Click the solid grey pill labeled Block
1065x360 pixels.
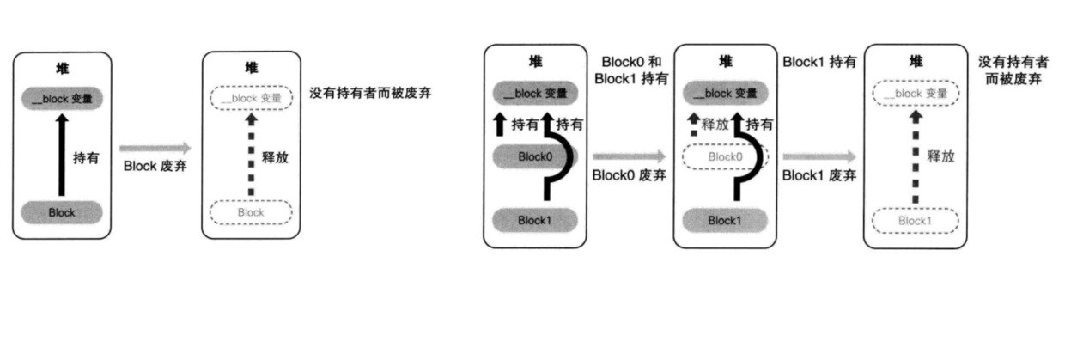pos(62,211)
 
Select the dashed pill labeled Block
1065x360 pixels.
pos(251,211)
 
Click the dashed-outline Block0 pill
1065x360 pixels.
pos(725,157)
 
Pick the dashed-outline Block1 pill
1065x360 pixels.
pos(915,221)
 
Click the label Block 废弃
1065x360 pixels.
pos(155,166)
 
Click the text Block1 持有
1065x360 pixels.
pos(819,62)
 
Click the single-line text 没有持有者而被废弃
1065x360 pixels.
pos(368,92)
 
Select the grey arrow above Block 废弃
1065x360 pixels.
pos(155,149)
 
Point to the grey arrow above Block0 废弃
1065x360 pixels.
pos(629,156)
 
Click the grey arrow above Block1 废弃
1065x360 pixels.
pos(819,156)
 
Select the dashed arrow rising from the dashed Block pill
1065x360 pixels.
pos(251,155)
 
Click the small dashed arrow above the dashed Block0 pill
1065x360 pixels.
pos(693,125)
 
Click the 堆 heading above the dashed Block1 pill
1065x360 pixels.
pos(915,62)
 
